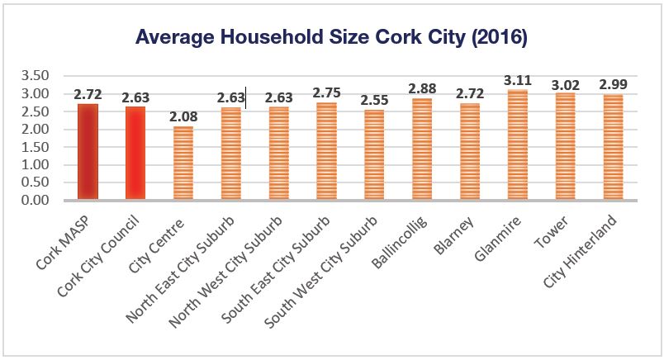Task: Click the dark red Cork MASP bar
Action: [x=88, y=152]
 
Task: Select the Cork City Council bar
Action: [x=135, y=154]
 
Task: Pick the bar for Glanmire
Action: [x=518, y=145]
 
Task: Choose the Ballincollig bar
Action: [x=422, y=149]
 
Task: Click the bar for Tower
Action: [x=566, y=146]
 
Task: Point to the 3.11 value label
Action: [x=518, y=81]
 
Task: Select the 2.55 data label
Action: [x=374, y=101]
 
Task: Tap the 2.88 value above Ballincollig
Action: [x=422, y=89]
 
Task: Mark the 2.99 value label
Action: [x=614, y=85]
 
